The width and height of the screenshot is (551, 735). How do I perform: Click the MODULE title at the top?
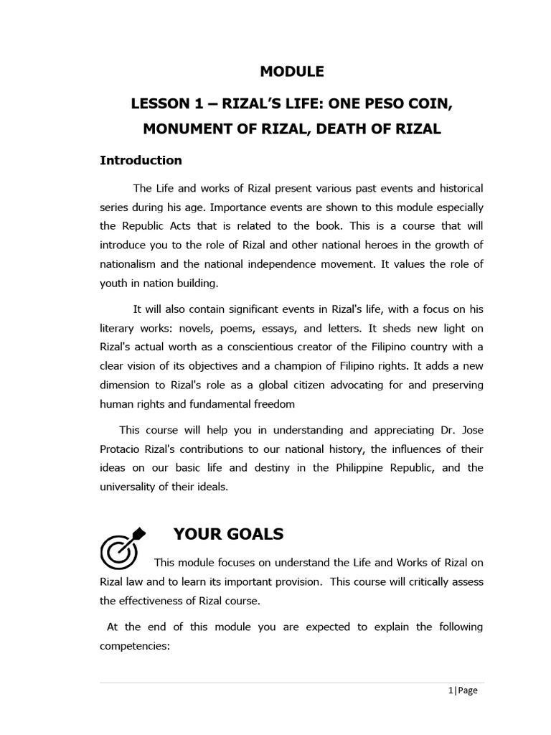coord(291,72)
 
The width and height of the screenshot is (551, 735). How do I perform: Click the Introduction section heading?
coord(141,160)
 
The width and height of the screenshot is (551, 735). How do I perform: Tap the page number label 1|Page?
coord(463,690)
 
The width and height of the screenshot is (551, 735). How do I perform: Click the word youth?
coord(115,284)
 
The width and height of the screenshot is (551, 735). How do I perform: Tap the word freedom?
coord(271,404)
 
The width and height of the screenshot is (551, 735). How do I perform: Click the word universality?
coord(133,487)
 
